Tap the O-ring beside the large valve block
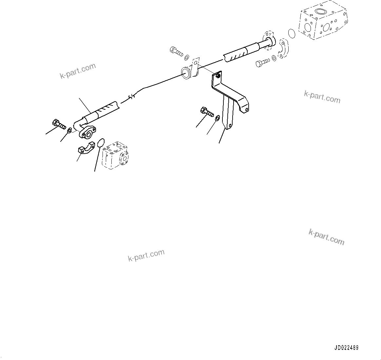[291, 33]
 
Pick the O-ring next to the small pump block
[101, 143]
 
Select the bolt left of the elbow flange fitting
[58, 125]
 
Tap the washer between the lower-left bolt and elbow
[69, 131]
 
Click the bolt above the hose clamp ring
[176, 51]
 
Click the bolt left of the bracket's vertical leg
[206, 112]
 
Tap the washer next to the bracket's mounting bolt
[217, 117]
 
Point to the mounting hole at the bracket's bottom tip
[230, 125]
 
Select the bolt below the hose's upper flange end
[261, 63]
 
